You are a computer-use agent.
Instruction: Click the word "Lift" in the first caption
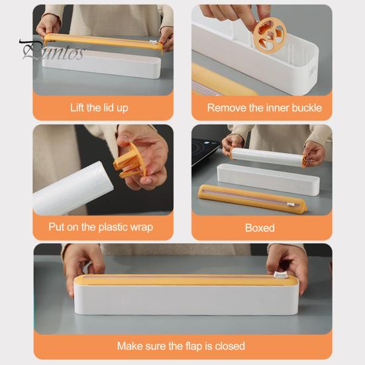78,107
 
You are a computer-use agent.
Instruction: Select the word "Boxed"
260,228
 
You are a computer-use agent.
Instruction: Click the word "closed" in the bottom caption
230,346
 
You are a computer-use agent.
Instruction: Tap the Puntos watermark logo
52,50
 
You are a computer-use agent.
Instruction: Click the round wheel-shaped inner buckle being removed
270,35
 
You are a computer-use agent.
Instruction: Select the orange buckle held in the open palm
129,161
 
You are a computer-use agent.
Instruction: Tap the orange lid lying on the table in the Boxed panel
252,198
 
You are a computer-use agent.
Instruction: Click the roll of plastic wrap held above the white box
267,156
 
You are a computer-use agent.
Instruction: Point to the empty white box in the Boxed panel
268,179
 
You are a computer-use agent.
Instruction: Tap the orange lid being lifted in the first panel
103,42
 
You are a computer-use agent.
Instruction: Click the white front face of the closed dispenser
186,300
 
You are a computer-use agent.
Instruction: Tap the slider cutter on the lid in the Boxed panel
291,205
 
